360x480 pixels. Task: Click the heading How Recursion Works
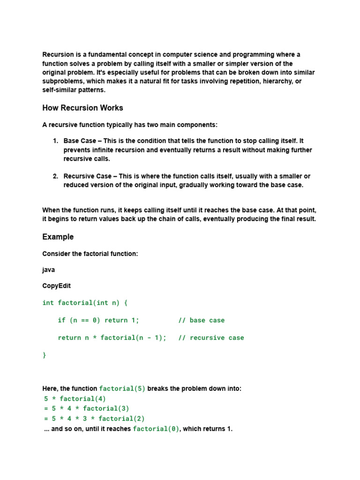[x=82, y=108]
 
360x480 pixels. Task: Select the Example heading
[x=58, y=237]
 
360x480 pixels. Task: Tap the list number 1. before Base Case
[x=55, y=141]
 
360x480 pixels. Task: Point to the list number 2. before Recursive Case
[x=55, y=176]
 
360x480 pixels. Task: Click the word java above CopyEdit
[x=48, y=270]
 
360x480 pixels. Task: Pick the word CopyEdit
[x=56, y=285]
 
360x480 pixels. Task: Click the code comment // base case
[x=201, y=320]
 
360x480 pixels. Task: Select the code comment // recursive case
[x=211, y=337]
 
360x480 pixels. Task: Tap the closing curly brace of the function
[x=45, y=355]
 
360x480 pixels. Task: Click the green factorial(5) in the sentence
[x=122, y=389]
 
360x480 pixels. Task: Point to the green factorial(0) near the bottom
[x=156, y=429]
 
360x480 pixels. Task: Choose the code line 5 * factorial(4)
[x=75, y=399]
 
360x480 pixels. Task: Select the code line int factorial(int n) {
[x=85, y=303]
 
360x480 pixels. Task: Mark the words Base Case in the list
[x=80, y=141]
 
